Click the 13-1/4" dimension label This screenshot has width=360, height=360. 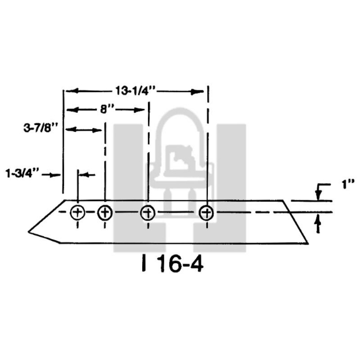coord(135,90)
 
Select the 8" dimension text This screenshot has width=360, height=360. coord(105,108)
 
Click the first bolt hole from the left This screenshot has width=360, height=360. coord(77,213)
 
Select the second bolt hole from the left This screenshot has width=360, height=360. coord(104,213)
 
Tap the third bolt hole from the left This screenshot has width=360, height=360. coord(148,213)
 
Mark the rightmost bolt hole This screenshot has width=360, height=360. coord(206,213)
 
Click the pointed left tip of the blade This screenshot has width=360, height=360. coord(29,232)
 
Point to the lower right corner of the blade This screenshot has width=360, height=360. coord(308,243)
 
